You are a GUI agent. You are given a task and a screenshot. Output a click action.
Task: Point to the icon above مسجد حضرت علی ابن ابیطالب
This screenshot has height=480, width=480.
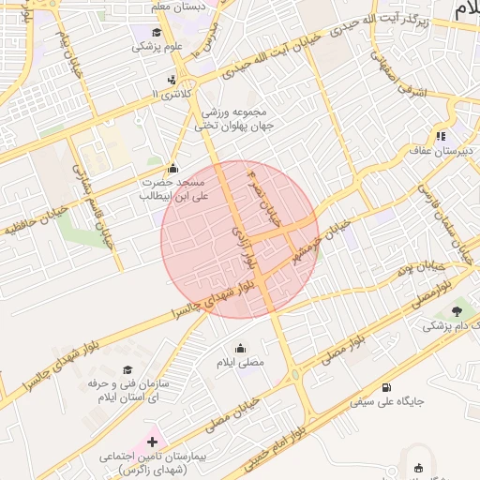click(x=171, y=168)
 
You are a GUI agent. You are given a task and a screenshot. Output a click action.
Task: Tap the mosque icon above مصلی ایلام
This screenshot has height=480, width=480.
click(x=241, y=347)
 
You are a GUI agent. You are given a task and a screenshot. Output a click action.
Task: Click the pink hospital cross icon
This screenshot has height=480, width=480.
click(x=153, y=439)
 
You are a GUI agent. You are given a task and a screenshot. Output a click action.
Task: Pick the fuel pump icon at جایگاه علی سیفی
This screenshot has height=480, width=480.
click(x=386, y=386)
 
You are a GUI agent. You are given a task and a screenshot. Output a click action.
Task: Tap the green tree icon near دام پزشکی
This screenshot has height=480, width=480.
click(x=457, y=310)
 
